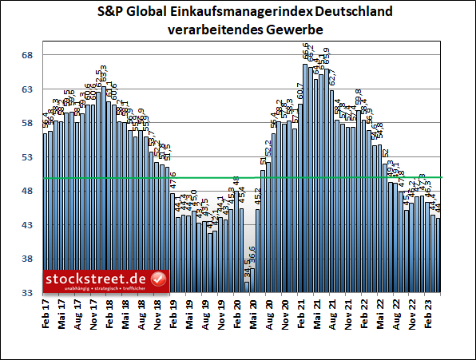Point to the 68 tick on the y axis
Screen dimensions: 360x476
(26, 55)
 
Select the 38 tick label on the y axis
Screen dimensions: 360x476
(26, 259)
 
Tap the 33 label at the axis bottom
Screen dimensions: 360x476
(26, 294)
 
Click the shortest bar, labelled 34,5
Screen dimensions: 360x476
(247, 287)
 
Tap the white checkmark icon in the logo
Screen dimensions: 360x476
(158, 279)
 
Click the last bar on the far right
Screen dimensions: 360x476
(438, 255)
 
